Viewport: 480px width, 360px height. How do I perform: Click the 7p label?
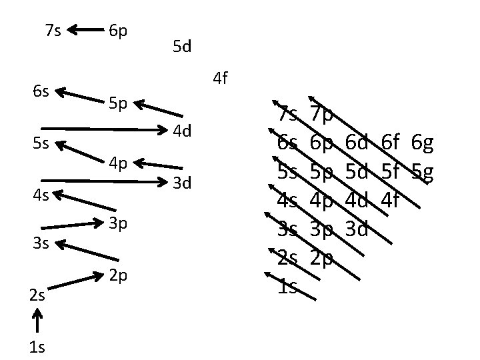(x=322, y=115)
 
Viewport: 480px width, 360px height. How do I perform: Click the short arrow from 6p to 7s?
(x=83, y=29)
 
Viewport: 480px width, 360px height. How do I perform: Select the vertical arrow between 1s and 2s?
(x=37, y=323)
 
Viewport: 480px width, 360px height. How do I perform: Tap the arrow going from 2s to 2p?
(x=73, y=282)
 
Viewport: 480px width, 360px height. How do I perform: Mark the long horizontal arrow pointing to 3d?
(x=103, y=180)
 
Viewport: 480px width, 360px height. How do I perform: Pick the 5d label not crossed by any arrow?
(x=182, y=47)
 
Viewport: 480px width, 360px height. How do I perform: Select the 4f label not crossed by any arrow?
(x=221, y=79)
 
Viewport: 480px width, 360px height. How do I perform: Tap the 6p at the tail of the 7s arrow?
(x=119, y=30)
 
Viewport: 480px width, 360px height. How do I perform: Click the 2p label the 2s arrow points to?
(x=118, y=275)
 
